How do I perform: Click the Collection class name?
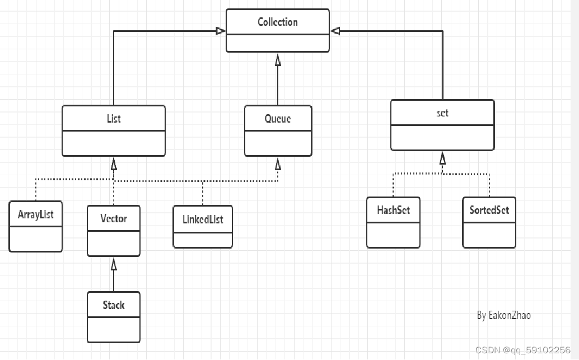click(x=277, y=22)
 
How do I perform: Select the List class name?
click(x=114, y=118)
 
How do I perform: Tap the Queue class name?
click(x=278, y=118)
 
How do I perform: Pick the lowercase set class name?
click(x=442, y=113)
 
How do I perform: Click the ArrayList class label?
click(x=35, y=214)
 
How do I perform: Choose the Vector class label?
click(x=114, y=218)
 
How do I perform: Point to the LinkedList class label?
click(x=203, y=219)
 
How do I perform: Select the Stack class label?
click(x=114, y=305)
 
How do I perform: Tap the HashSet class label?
click(x=393, y=210)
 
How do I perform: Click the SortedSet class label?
click(x=489, y=210)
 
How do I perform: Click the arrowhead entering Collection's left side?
click(x=221, y=31)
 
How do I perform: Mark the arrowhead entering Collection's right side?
click(x=335, y=31)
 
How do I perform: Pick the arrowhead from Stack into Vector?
click(x=114, y=263)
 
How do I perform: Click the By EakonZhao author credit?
click(x=503, y=315)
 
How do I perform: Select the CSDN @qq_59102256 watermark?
click(x=522, y=350)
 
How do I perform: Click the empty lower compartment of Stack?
click(x=114, y=330)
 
